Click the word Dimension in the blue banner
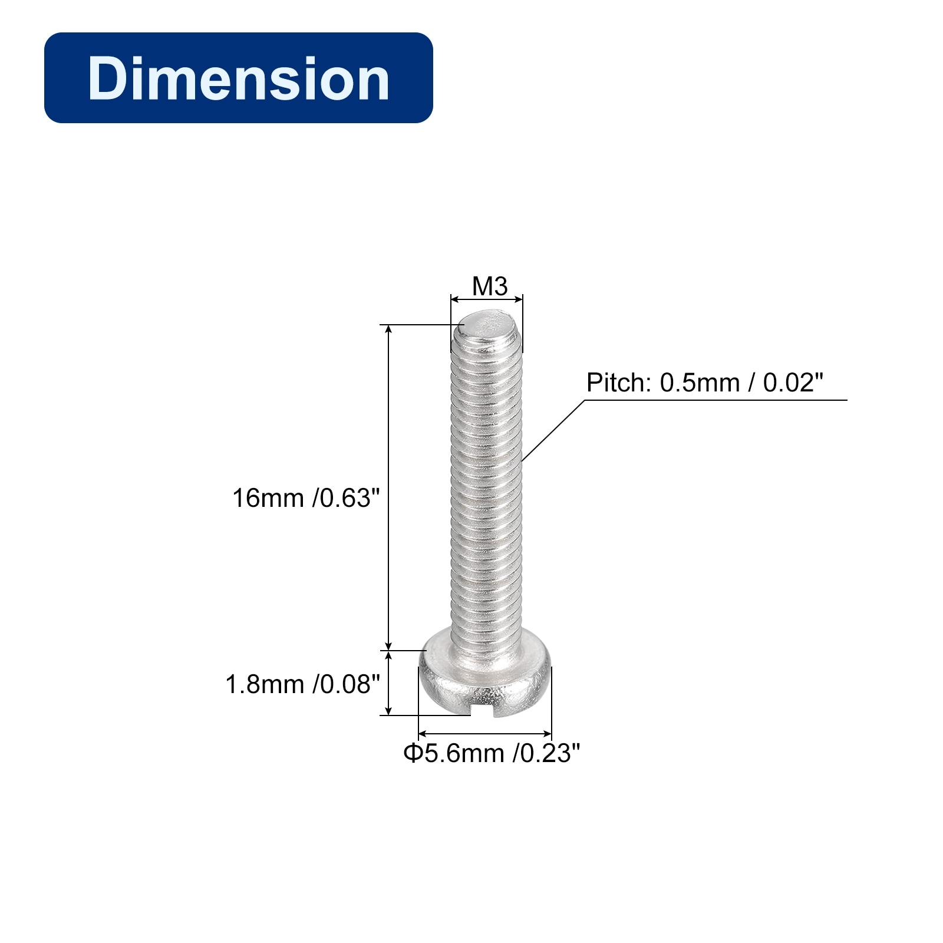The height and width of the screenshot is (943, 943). click(x=239, y=78)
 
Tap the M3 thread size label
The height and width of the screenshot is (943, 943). click(x=490, y=286)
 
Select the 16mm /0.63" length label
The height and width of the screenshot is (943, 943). click(x=303, y=498)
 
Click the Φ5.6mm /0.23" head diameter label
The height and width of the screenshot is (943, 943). click(x=492, y=753)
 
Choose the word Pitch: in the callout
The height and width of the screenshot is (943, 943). click(x=619, y=383)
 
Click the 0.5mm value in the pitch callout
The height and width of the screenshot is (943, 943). click(x=700, y=383)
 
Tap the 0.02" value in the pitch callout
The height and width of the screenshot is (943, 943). click(x=793, y=383)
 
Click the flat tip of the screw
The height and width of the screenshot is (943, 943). click(x=487, y=325)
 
